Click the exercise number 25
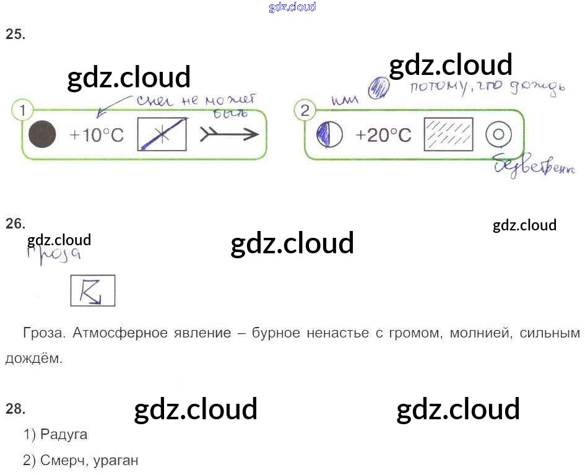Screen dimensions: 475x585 tap(15, 35)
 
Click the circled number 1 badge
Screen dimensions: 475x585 tap(22, 111)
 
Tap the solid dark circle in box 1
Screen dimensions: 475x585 tap(43, 134)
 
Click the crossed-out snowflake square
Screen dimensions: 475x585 tap(162, 134)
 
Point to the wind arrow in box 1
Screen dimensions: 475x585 tap(229, 134)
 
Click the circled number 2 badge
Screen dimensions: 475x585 tap(304, 111)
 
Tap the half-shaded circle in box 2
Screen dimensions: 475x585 tap(329, 134)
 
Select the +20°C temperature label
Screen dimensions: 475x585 tap(383, 135)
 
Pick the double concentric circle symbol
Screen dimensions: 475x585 tap(498, 134)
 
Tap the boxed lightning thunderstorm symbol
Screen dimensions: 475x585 tap(93, 290)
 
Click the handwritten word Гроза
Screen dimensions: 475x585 tap(54, 255)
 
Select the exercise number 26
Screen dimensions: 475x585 tap(15, 224)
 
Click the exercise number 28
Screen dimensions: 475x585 tap(15, 408)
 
